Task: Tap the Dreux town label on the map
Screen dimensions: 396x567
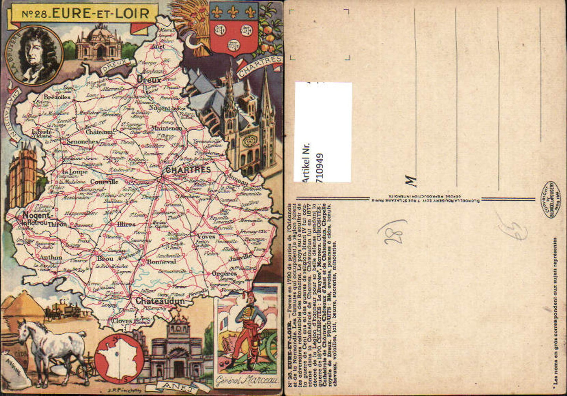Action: click(x=149, y=80)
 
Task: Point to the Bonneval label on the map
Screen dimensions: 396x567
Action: click(x=161, y=261)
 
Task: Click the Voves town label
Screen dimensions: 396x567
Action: click(x=206, y=237)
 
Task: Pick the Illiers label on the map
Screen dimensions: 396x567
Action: click(x=126, y=224)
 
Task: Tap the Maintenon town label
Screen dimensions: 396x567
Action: click(x=166, y=128)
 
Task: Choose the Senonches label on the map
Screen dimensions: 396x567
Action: click(x=82, y=141)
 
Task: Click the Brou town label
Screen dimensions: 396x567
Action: click(x=105, y=259)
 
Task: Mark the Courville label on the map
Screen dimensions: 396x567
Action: click(x=104, y=182)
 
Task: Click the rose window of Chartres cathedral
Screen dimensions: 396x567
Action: click(x=249, y=141)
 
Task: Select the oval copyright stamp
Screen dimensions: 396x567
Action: click(x=552, y=199)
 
